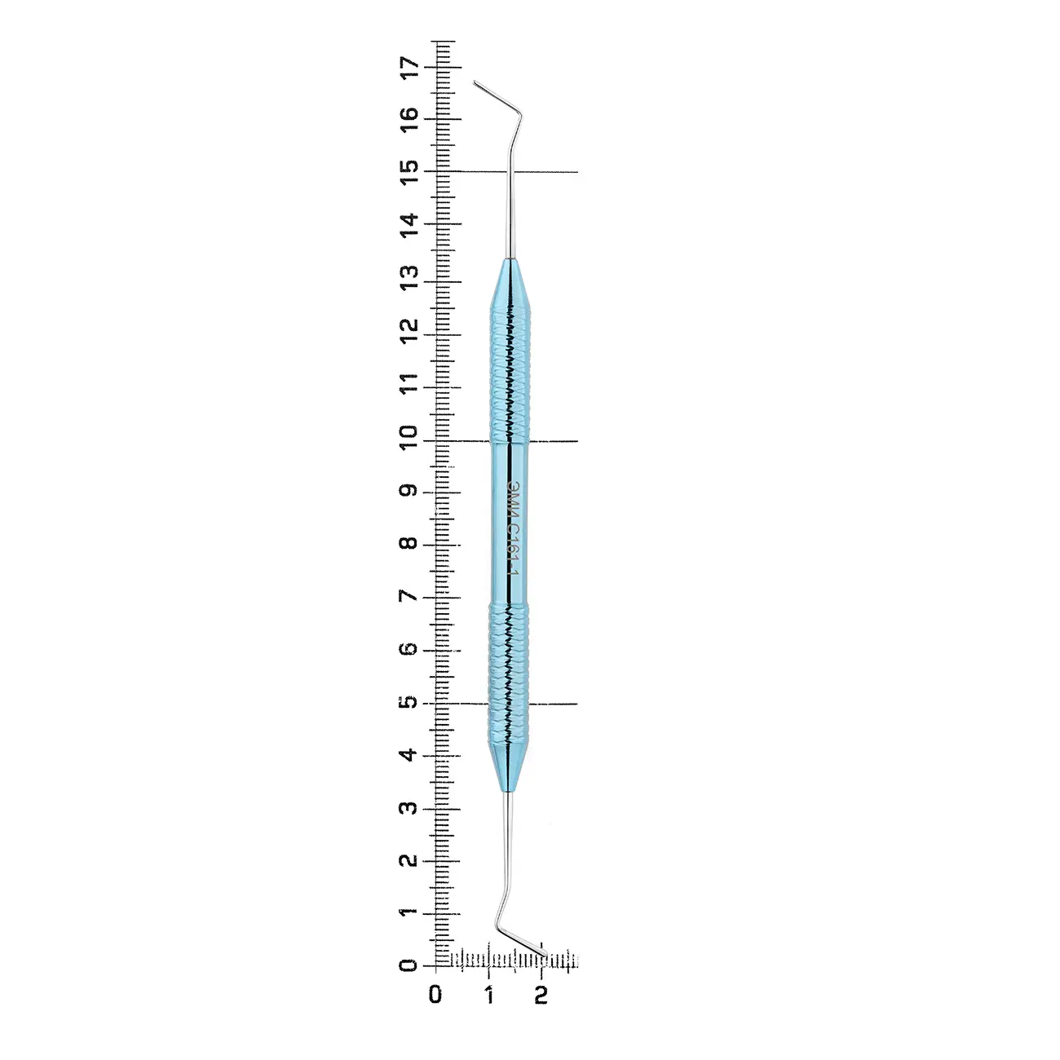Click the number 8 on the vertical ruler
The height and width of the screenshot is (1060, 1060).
pos(410,544)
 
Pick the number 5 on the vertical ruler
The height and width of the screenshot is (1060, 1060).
pos(410,702)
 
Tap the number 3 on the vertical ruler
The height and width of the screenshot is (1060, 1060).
pos(410,808)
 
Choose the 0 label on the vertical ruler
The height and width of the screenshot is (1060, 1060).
pos(410,966)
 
